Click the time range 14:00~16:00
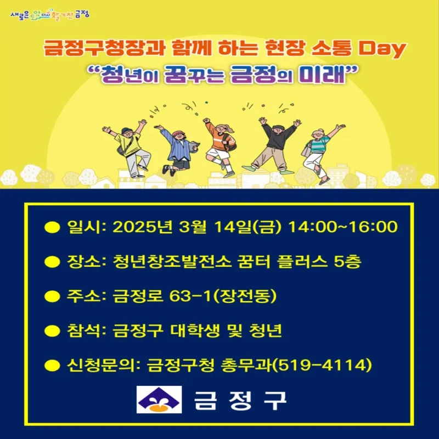pyautogui.click(x=343, y=227)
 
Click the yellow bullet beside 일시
pyautogui.click(x=52, y=227)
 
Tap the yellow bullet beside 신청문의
pyautogui.click(x=52, y=365)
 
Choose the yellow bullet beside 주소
pyautogui.click(x=52, y=296)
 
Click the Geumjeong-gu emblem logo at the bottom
pyautogui.click(x=159, y=399)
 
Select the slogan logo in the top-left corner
pyautogui.click(x=50, y=14)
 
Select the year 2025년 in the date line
pyautogui.click(x=143, y=227)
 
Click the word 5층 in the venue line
pyautogui.click(x=348, y=262)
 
